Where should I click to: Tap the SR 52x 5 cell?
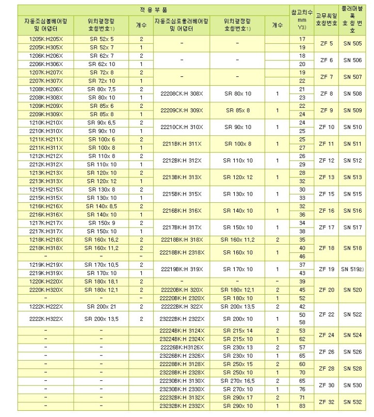click(101, 39)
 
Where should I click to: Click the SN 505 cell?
click(352, 43)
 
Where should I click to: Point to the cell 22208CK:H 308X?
click(181, 93)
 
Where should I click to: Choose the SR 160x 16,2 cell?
click(101, 240)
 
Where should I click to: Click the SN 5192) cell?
click(353, 269)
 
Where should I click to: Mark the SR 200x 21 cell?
click(101, 307)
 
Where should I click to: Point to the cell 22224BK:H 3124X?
click(181, 331)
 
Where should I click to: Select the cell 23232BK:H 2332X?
click(181, 407)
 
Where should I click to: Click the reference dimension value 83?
click(302, 407)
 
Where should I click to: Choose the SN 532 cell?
click(352, 402)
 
